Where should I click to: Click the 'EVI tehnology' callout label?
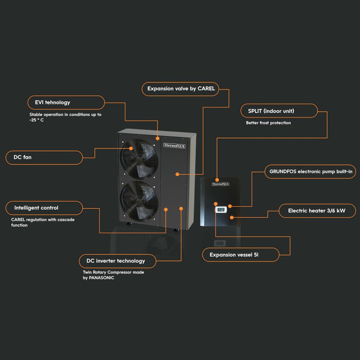[x=66, y=103]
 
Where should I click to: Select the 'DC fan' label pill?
[x=44, y=157]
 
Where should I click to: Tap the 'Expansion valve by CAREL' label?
[x=180, y=89]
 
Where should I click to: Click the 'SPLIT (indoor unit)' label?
[x=279, y=111]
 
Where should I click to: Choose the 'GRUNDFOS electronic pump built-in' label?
[x=310, y=171]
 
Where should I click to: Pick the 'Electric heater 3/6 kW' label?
[x=317, y=211]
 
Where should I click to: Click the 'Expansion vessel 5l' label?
[x=241, y=255]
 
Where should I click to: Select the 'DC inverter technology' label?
[x=117, y=261]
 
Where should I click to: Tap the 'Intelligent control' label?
[x=44, y=208]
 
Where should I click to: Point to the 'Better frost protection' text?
[x=268, y=123]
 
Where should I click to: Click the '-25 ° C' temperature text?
[x=36, y=120]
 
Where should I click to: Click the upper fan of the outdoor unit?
[x=139, y=159]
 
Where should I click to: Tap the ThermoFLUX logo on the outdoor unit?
[x=174, y=145]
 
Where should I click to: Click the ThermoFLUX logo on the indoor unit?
[x=220, y=184]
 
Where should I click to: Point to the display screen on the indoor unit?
[x=221, y=209]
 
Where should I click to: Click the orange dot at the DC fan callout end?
[x=131, y=148]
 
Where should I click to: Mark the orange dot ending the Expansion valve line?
[x=177, y=174]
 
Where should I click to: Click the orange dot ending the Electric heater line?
[x=232, y=217]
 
